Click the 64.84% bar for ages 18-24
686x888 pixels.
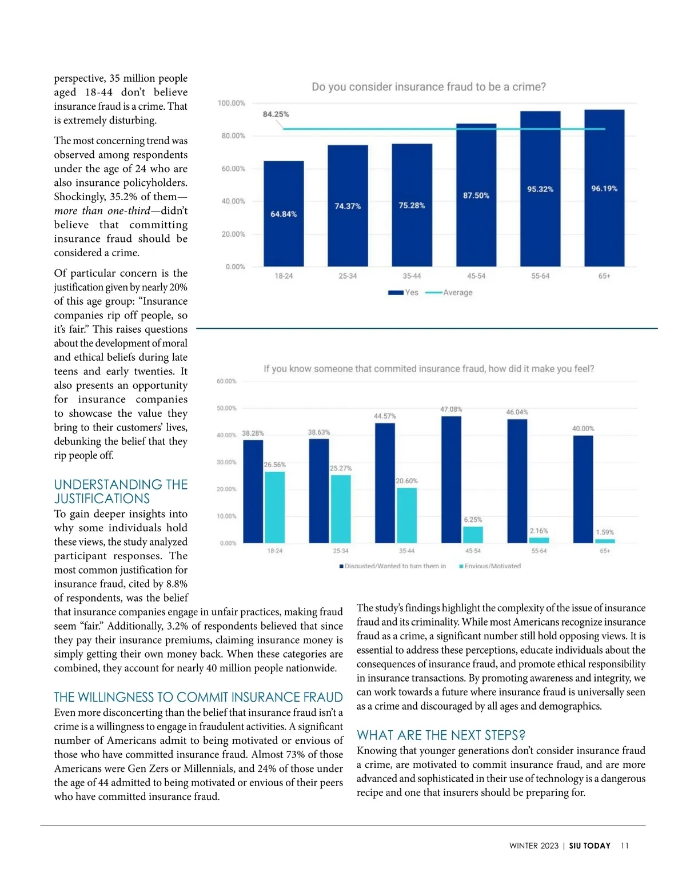284,214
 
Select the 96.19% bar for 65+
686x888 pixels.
604,188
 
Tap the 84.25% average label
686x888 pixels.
276,114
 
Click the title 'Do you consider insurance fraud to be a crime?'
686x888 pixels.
429,87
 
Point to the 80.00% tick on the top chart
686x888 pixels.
233,136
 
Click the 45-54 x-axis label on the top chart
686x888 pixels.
476,276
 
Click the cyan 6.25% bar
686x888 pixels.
473,534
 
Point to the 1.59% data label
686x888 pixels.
605,532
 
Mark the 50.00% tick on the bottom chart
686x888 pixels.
226,408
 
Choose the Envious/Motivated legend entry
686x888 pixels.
490,566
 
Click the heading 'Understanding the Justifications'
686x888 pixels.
121,492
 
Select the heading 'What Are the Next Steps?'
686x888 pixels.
441,735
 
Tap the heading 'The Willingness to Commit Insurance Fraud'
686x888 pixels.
198,698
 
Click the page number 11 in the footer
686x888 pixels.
624,846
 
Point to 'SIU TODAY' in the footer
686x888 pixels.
589,846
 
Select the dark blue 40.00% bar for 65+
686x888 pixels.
583,489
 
